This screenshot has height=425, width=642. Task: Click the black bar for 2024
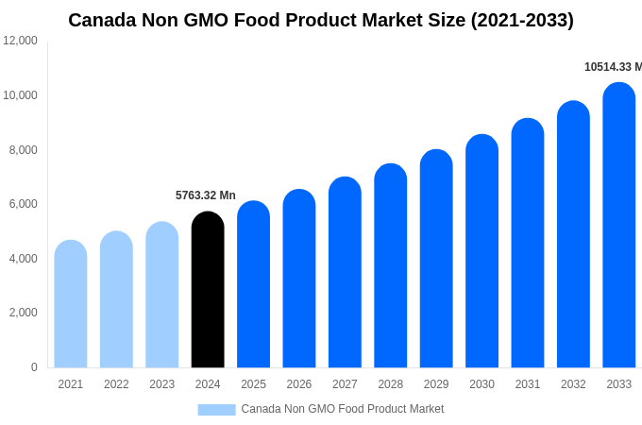(208, 290)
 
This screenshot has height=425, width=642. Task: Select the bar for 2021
(71, 304)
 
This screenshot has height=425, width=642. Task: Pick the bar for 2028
(391, 265)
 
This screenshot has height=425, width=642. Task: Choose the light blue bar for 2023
(162, 295)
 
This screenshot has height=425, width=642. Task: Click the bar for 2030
(481, 251)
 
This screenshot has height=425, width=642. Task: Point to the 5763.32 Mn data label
(206, 195)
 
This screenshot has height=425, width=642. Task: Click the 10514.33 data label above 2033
(612, 67)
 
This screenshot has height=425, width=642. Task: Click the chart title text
(321, 20)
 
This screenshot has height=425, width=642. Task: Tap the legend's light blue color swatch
(216, 409)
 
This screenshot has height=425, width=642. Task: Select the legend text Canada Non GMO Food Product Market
(342, 409)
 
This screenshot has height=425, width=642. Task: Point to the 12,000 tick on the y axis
(21, 41)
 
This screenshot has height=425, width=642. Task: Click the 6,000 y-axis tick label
(21, 204)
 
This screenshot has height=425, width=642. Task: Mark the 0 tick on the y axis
(34, 367)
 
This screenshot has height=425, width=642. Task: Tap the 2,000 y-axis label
(21, 313)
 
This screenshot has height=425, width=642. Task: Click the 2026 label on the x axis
(299, 384)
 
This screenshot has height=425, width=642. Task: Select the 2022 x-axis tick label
(116, 384)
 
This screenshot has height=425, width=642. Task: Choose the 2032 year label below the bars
(573, 384)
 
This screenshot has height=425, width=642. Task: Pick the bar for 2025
(253, 284)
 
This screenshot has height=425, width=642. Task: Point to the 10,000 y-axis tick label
(21, 95)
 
